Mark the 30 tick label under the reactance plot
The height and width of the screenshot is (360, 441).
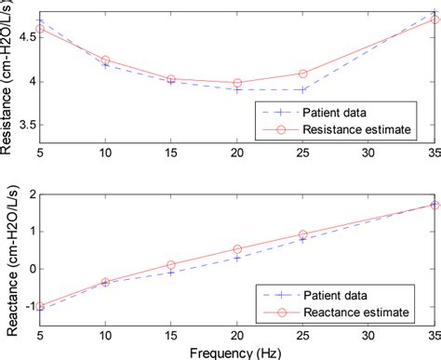click(369, 334)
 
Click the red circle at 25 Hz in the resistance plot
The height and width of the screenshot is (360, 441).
click(303, 73)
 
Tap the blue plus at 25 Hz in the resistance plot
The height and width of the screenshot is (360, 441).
click(303, 89)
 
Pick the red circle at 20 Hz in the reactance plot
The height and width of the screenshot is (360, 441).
click(237, 249)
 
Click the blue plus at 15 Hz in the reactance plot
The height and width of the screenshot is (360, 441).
click(171, 273)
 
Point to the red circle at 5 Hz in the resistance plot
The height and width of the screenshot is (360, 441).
click(40, 30)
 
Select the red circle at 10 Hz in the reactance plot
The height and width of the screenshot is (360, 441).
click(105, 282)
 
